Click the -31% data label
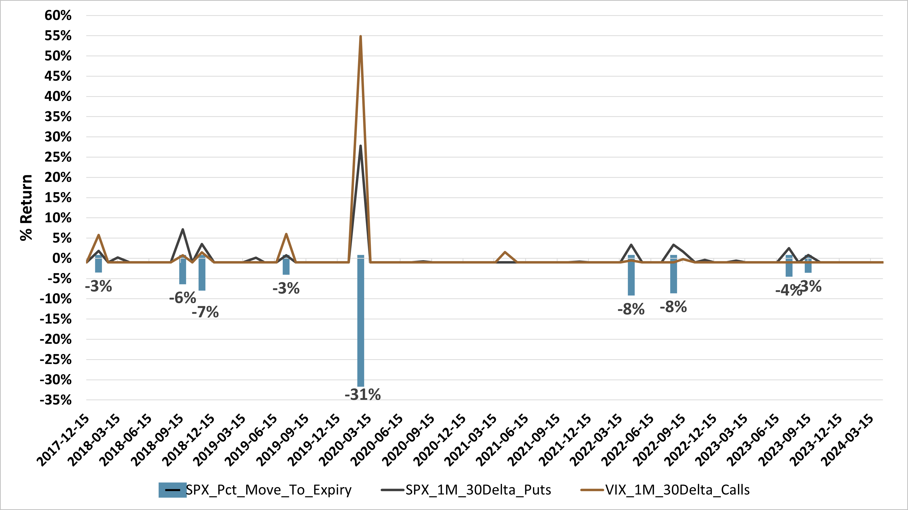pyautogui.click(x=362, y=394)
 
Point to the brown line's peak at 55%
pyautogui.click(x=360, y=37)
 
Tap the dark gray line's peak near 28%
pyautogui.click(x=360, y=146)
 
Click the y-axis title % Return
pyautogui.click(x=26, y=208)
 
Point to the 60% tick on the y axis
pyautogui.click(x=58, y=15)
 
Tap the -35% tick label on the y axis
pyautogui.click(x=56, y=400)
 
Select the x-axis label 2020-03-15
pyautogui.click(x=345, y=440)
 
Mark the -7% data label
pyautogui.click(x=205, y=312)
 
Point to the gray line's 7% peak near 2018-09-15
pyautogui.click(x=182, y=230)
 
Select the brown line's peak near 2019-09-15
pyautogui.click(x=286, y=234)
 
